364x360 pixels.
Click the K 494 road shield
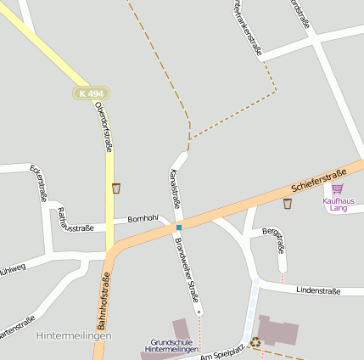point(83,93)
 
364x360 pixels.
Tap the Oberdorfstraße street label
point(104,126)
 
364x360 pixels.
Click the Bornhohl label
point(143,218)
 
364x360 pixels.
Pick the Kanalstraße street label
point(175,189)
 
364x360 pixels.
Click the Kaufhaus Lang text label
point(337,204)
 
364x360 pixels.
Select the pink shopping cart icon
point(338,188)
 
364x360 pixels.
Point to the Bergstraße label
point(274,240)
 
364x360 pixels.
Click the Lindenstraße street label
point(318,290)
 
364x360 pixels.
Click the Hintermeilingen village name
point(75,336)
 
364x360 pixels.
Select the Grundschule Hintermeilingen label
point(172,346)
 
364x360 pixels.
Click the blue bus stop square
point(178,228)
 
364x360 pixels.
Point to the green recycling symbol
point(255,343)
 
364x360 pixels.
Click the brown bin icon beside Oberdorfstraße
point(116,188)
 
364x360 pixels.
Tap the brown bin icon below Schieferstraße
point(288,204)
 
